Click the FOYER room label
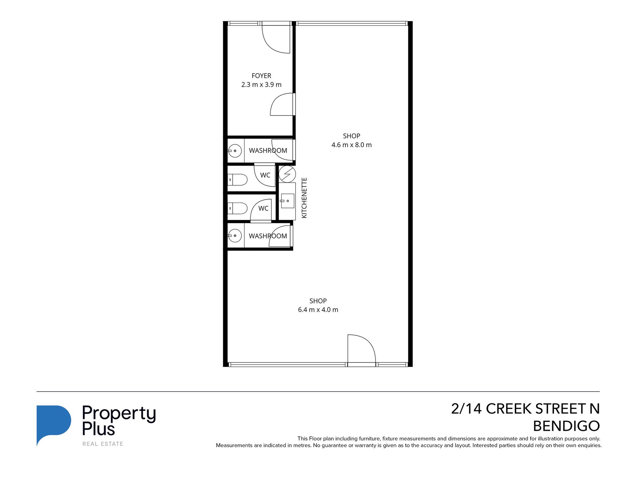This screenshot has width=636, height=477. click(261, 76)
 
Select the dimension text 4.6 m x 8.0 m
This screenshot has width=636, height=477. click(351, 145)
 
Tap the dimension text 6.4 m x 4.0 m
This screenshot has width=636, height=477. click(318, 310)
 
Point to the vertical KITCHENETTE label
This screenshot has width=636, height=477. click(304, 198)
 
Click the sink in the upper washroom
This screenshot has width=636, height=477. click(235, 151)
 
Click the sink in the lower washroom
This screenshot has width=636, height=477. click(235, 236)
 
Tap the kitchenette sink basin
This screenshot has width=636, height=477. click(287, 201)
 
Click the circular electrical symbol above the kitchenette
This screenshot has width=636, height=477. click(287, 174)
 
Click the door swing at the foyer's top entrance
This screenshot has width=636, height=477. click(276, 38)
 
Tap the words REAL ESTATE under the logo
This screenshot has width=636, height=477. click(103, 444)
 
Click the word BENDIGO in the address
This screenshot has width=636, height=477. click(566, 426)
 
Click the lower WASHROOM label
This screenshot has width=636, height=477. click(268, 236)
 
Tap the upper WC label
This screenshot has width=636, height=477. click(265, 175)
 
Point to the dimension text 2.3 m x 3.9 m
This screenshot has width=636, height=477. click(261, 85)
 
